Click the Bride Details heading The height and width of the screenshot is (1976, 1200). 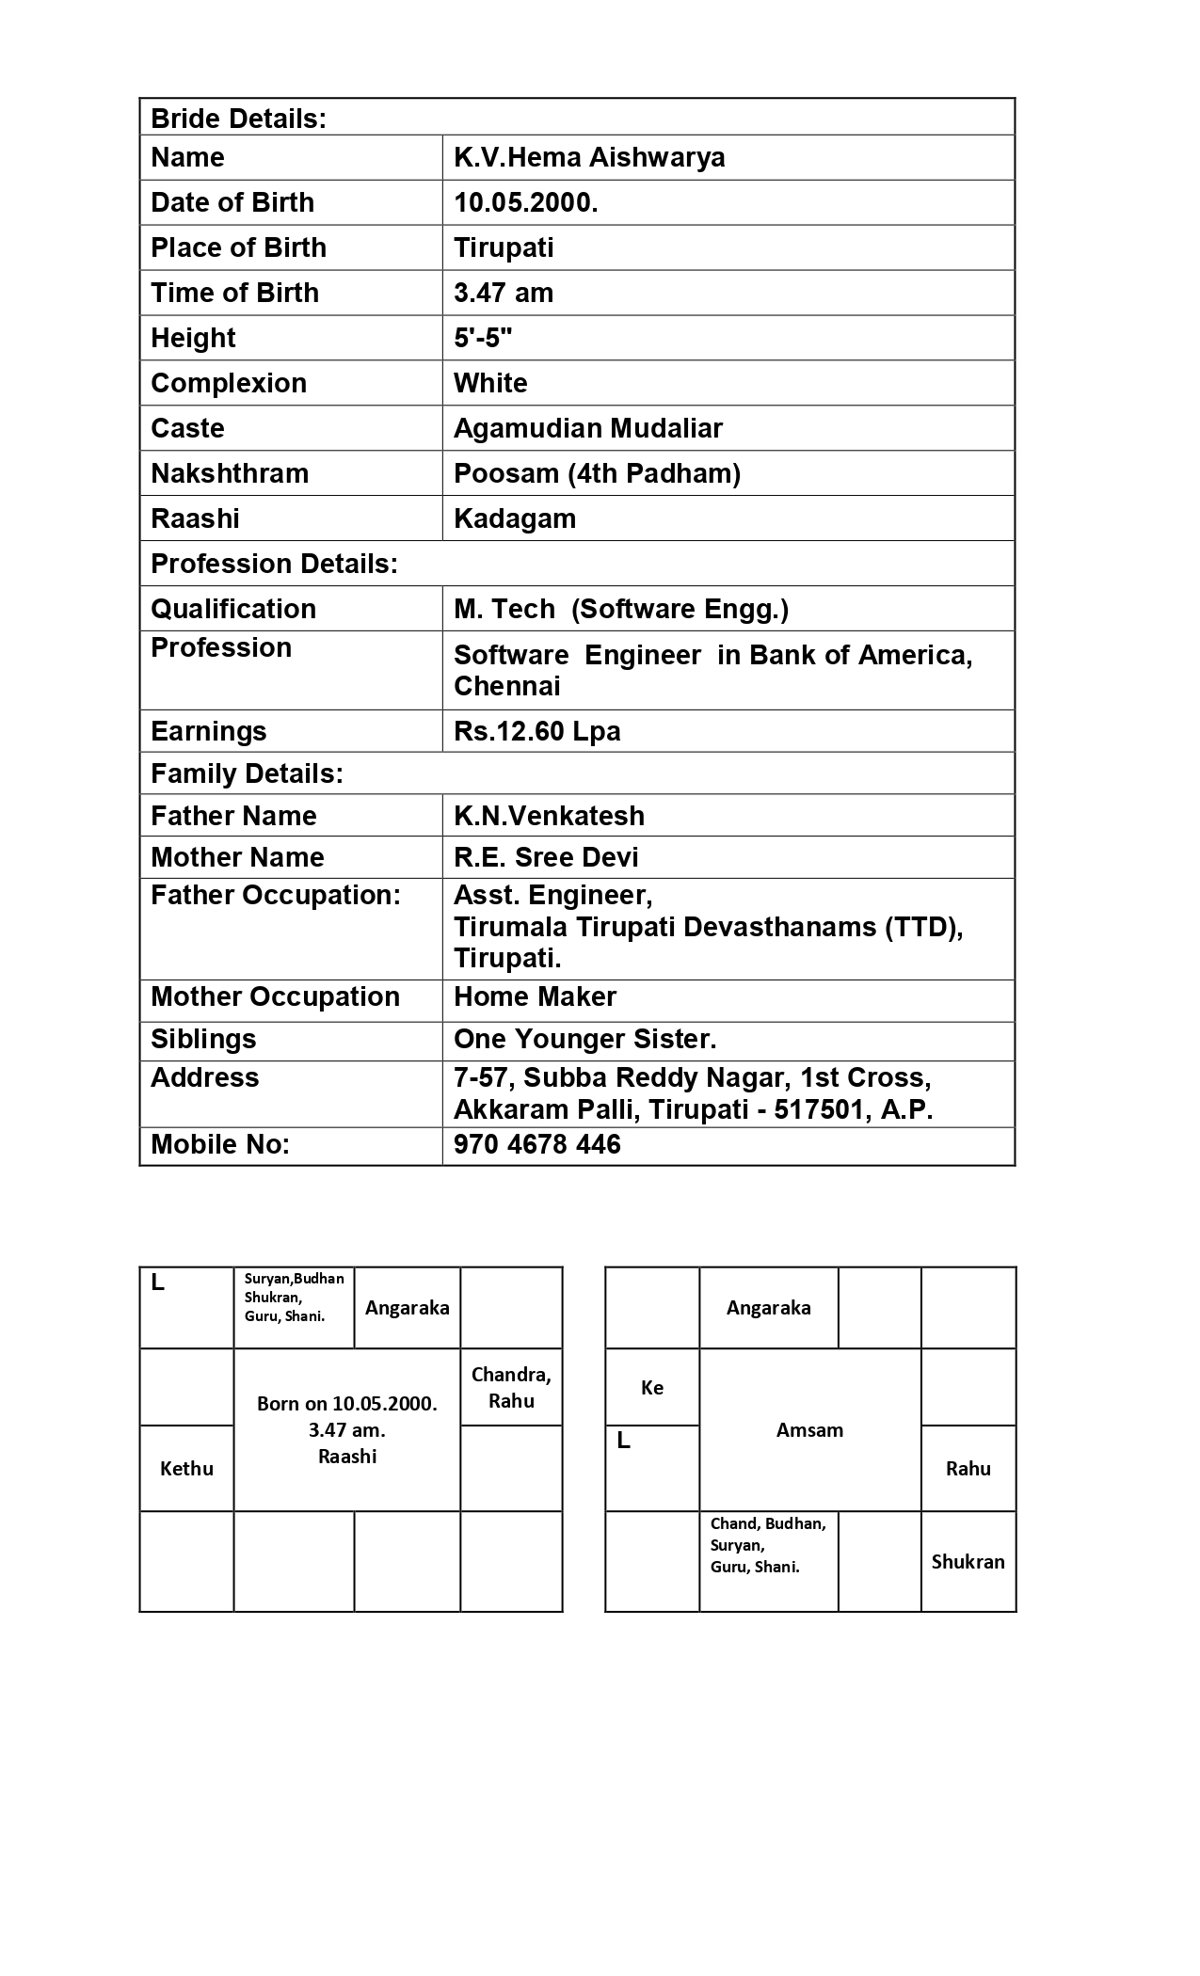(238, 119)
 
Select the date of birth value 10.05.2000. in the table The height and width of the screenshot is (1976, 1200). (525, 202)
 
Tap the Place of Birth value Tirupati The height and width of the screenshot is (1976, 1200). (504, 247)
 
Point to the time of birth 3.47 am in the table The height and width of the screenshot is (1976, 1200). (503, 293)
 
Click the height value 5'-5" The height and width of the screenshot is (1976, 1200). (483, 338)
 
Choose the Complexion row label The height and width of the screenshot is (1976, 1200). (229, 383)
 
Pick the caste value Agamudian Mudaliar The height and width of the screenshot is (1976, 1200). (587, 428)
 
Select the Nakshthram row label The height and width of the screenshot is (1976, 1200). (230, 473)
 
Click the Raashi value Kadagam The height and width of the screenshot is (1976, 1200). (514, 518)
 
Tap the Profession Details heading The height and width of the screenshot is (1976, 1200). (274, 564)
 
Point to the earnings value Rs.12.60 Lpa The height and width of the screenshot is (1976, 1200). (536, 731)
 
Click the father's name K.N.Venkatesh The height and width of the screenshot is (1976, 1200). (549, 816)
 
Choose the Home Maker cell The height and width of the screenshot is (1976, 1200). (535, 996)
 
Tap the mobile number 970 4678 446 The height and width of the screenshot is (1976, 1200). (536, 1144)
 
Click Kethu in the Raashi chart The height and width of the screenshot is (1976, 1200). (186, 1469)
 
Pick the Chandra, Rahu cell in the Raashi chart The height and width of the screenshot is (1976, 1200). (511, 1387)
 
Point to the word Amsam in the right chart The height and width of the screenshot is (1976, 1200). (809, 1430)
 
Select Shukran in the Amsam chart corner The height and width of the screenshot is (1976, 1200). (968, 1562)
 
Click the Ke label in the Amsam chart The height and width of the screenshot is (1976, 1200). (652, 1388)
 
